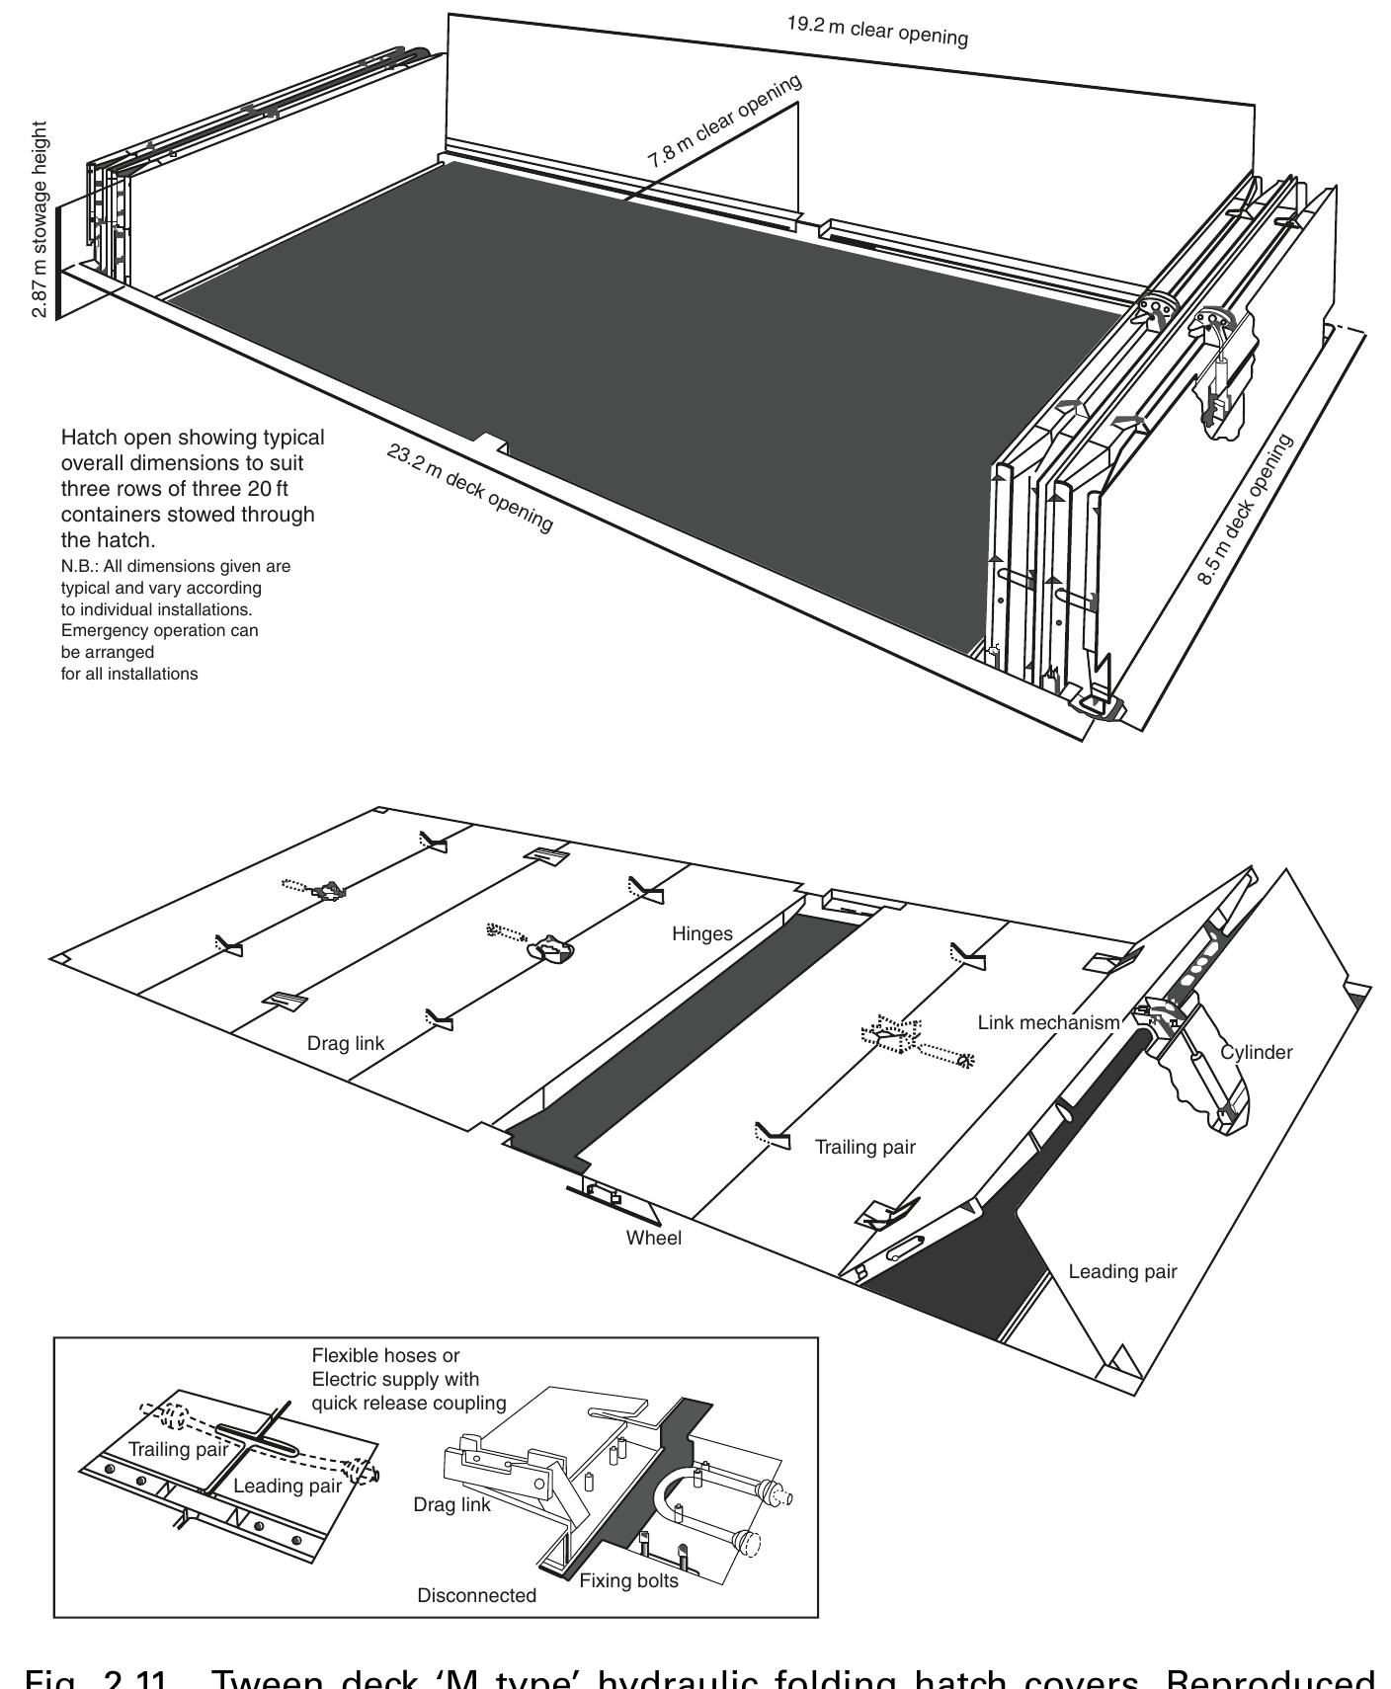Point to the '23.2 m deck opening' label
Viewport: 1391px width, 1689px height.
pyautogui.click(x=468, y=489)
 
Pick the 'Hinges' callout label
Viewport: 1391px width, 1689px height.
pyautogui.click(x=702, y=933)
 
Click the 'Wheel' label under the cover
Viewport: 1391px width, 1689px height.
pyautogui.click(x=653, y=1238)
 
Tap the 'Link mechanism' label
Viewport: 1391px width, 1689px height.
pyautogui.click(x=1048, y=1022)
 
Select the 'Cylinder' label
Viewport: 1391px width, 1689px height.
pyautogui.click(x=1256, y=1052)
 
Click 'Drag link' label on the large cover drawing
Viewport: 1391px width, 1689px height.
pyautogui.click(x=345, y=1043)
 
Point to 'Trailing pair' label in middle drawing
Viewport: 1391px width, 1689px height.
pyautogui.click(x=864, y=1147)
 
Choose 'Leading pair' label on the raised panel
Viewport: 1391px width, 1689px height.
pyautogui.click(x=1122, y=1271)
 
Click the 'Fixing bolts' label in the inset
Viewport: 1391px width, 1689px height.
pyautogui.click(x=629, y=1580)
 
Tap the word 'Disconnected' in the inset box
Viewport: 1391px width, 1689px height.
pyautogui.click(x=477, y=1595)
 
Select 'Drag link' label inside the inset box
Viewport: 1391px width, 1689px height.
pyautogui.click(x=452, y=1505)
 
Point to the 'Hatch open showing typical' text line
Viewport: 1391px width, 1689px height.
pyautogui.click(x=193, y=438)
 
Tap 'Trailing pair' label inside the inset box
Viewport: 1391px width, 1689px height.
pyautogui.click(x=179, y=1448)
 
